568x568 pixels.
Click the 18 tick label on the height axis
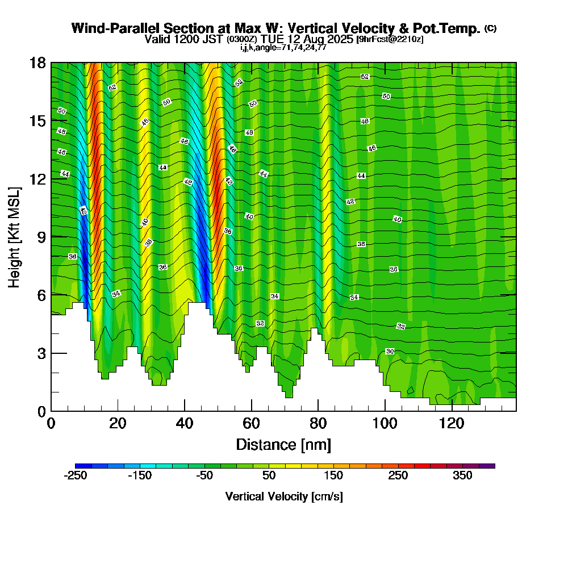click(x=38, y=62)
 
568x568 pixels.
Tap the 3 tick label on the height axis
click(x=41, y=353)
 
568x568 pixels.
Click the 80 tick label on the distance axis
click(x=318, y=423)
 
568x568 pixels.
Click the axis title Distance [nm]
click(x=283, y=444)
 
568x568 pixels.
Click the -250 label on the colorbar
click(x=75, y=476)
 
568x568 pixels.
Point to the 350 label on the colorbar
click(x=462, y=476)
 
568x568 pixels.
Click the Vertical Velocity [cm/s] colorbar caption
click(x=283, y=496)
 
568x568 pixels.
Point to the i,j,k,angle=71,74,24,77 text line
click(x=283, y=47)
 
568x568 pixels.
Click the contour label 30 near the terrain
click(x=390, y=352)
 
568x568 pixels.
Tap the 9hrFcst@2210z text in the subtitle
click(x=390, y=39)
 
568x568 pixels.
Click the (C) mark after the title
click(x=490, y=28)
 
